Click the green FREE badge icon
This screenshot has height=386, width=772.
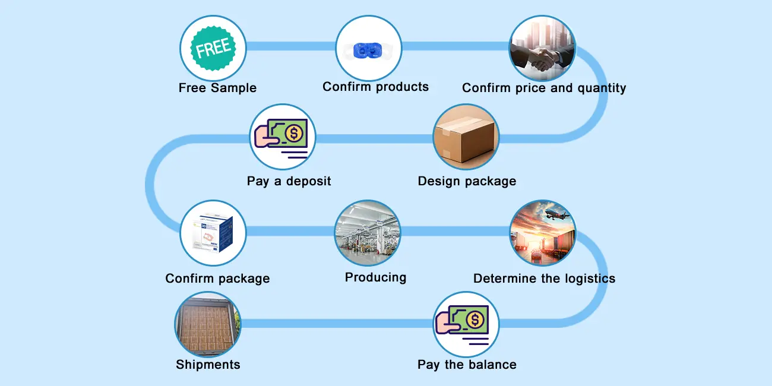(x=213, y=48)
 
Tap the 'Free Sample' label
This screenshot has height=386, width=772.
(x=217, y=88)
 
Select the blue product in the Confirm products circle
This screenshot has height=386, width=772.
(x=368, y=50)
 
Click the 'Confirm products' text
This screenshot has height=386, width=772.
(x=375, y=87)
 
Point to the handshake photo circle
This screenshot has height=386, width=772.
(x=543, y=49)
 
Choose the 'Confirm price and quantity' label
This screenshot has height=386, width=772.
(x=544, y=88)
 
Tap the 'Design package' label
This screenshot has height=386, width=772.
(x=467, y=181)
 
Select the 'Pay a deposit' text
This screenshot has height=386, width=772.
(x=289, y=181)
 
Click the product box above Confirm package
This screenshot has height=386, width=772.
(x=213, y=233)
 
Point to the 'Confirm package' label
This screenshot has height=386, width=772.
(x=217, y=279)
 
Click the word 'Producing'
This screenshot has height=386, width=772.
(x=375, y=277)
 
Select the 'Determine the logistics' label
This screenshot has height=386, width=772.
(x=544, y=279)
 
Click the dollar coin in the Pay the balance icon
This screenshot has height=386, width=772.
(x=474, y=321)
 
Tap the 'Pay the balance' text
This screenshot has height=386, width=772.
(x=467, y=365)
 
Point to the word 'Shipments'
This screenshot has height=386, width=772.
(x=208, y=365)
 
